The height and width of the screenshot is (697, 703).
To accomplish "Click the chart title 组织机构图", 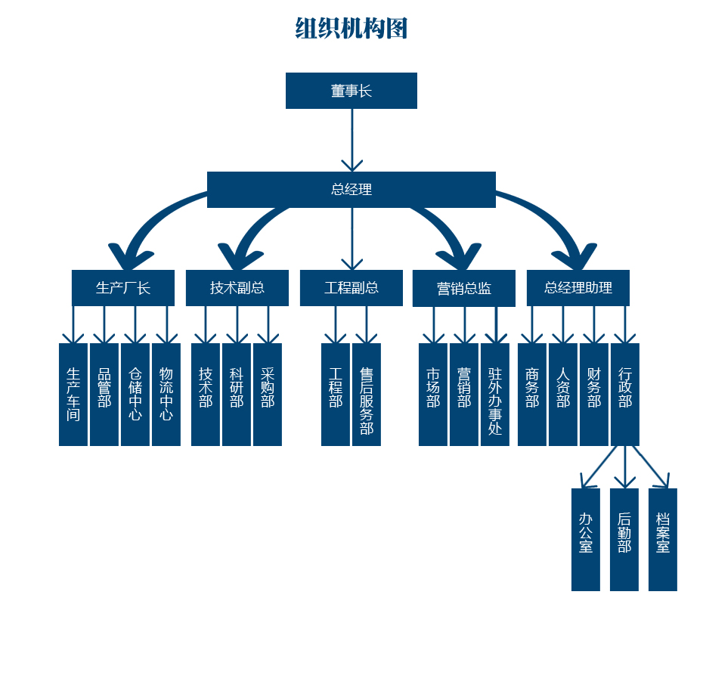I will pos(351,29).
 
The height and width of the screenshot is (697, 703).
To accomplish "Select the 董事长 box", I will pos(351,91).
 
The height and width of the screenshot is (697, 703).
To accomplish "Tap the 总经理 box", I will pos(351,189).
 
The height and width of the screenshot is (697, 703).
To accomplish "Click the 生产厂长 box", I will pos(123,288).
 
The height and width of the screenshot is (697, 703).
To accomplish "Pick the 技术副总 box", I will pos(237,288).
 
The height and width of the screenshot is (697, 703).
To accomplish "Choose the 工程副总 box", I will pos(351,288).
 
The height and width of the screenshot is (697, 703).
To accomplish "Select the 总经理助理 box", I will pos(578,288).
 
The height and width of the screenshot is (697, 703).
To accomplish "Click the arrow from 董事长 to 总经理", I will pos(352,140).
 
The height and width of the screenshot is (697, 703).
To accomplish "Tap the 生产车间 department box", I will pos(73,395).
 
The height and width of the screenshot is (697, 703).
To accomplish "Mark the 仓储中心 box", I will pos(135,395).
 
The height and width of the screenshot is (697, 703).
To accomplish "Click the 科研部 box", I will pos(237,395).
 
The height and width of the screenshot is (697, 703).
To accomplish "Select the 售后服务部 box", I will pos(367,395).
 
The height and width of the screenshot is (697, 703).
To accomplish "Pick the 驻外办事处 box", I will pos(495,395).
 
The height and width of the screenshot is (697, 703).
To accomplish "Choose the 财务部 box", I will pos(594,395).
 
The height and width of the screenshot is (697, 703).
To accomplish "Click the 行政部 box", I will pos(625,395).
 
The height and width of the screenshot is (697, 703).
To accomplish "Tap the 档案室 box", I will pos(663,540).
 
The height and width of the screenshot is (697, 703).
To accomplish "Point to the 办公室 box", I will pos(586,540).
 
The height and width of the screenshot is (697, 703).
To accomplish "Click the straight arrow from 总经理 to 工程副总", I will pos(352,238).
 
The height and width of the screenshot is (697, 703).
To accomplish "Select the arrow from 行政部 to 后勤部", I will pos(624,467).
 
